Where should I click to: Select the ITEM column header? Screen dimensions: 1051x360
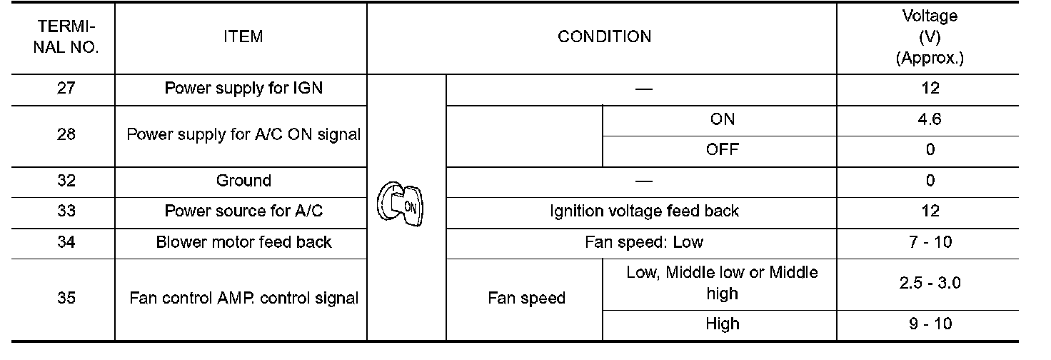[x=243, y=37]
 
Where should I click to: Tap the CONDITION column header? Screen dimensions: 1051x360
[x=604, y=37]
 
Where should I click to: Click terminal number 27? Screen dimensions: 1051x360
[x=66, y=89]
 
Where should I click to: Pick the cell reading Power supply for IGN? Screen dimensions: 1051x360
[x=243, y=89]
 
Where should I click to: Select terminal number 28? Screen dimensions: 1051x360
[x=66, y=134]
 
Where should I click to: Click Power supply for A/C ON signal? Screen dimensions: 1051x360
[x=243, y=134]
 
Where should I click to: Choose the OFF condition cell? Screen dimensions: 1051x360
[x=722, y=150]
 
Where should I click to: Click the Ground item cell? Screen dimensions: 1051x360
[x=243, y=181]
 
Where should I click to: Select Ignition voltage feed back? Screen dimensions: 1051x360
[x=644, y=211]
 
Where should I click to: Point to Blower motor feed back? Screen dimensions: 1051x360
[x=243, y=242]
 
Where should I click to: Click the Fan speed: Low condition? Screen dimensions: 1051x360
[x=644, y=242]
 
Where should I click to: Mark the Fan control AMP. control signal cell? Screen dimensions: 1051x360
[x=243, y=298]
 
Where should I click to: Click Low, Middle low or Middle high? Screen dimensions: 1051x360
[x=722, y=283]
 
